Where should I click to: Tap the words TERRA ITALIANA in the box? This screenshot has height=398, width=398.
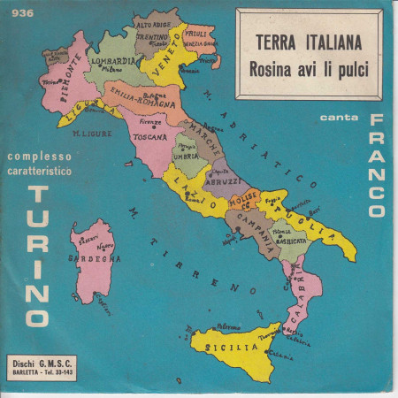tap(301, 40)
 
